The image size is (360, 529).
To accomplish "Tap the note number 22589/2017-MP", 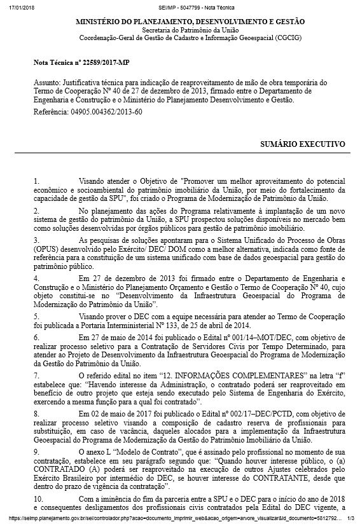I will click(90, 64).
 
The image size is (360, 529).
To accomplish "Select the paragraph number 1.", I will click(36, 181).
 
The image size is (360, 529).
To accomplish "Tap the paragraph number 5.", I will click(36, 315).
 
